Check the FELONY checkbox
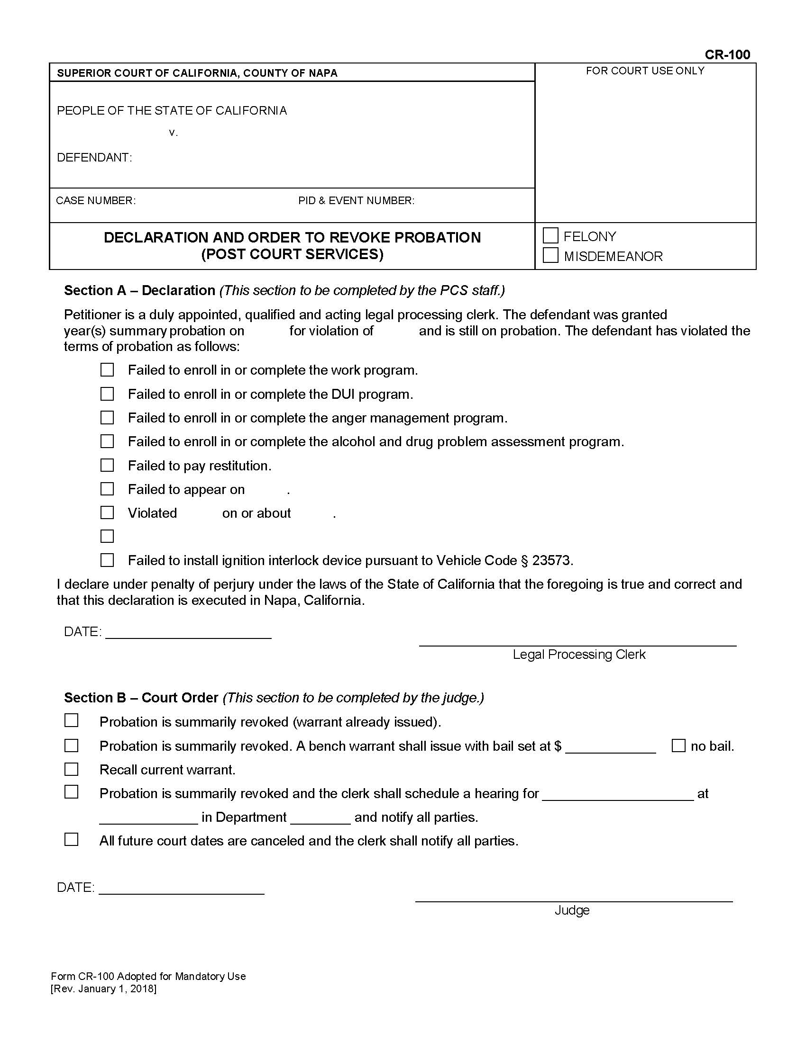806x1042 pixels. click(550, 236)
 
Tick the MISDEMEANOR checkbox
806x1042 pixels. click(550, 255)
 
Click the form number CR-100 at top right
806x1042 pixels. click(727, 55)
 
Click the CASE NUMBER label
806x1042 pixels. click(96, 200)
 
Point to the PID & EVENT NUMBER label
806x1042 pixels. click(356, 200)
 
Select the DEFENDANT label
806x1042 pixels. click(94, 157)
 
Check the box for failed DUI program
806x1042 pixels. click(107, 394)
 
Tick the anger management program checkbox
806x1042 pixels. click(107, 417)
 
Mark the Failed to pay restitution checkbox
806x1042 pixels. click(107, 465)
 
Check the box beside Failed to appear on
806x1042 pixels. click(107, 489)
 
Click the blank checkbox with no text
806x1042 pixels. click(107, 536)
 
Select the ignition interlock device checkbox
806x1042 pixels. click(107, 560)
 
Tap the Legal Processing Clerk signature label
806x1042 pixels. click(579, 654)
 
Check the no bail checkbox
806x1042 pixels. click(678, 745)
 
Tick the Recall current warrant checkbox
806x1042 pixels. click(71, 769)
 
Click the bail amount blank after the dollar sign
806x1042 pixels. click(610, 747)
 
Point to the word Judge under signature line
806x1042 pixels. click(572, 910)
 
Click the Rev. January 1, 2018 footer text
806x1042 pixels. click(104, 988)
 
